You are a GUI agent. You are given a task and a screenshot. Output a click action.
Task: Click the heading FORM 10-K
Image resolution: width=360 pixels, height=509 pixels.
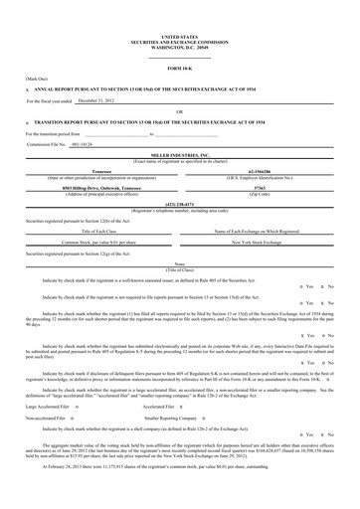click(179, 67)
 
